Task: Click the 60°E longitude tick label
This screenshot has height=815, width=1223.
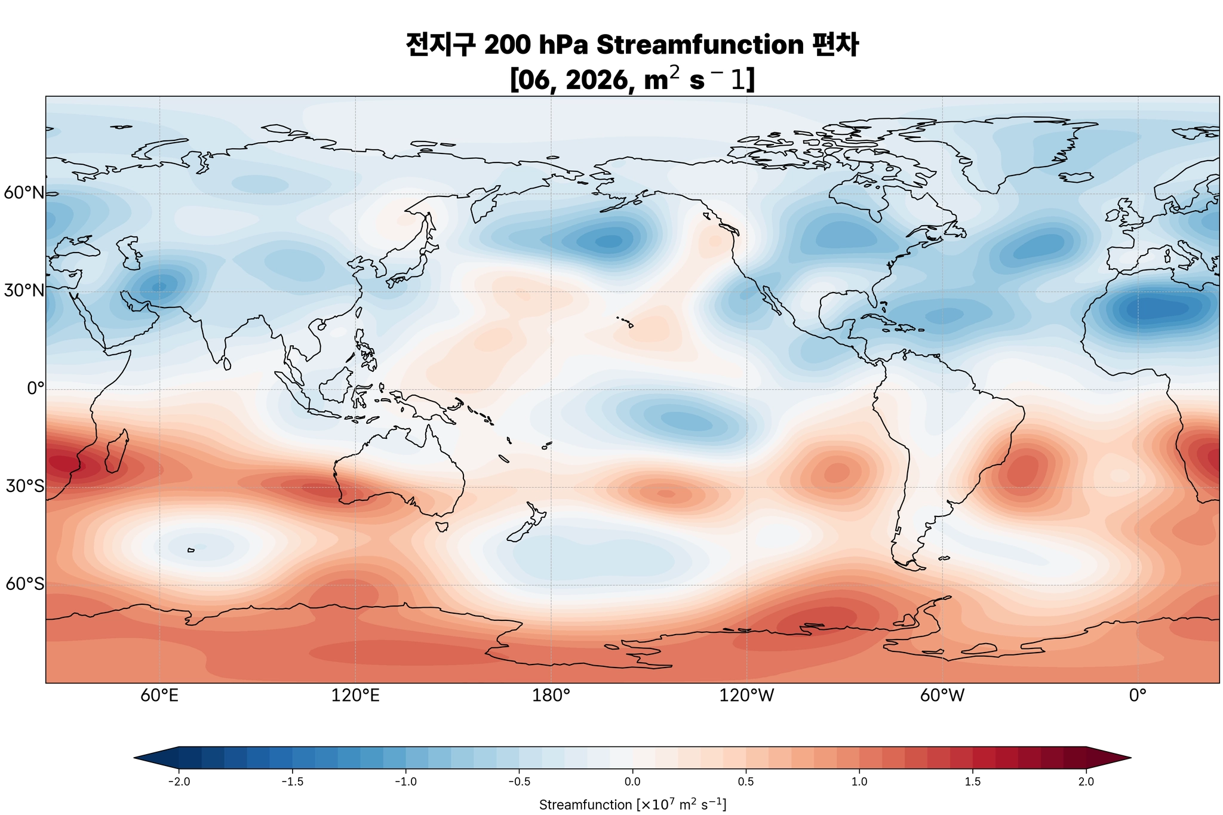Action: point(159,696)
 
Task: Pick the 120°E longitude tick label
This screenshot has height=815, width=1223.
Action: point(355,696)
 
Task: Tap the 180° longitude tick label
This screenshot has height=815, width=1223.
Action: point(551,696)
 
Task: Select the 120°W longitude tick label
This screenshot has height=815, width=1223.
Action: point(746,696)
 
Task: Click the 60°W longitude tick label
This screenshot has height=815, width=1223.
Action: point(942,696)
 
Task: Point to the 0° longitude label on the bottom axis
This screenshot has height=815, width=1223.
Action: point(1138,696)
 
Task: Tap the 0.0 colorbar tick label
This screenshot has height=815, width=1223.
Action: point(632,782)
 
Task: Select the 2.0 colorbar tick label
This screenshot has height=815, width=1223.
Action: point(1086,782)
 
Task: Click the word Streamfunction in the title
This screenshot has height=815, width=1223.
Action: point(699,45)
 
